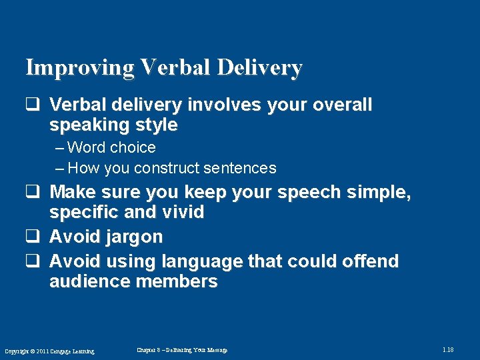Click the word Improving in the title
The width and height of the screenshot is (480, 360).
click(x=79, y=67)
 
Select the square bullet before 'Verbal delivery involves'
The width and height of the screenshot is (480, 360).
click(x=31, y=105)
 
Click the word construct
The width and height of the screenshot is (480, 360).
click(x=166, y=168)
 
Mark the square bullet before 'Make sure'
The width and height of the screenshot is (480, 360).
click(x=31, y=193)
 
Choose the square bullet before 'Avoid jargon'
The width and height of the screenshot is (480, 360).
click(x=31, y=237)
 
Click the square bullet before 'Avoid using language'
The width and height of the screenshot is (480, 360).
click(x=31, y=261)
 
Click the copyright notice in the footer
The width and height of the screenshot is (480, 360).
click(x=49, y=351)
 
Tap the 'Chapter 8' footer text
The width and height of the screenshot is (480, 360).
click(x=182, y=350)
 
